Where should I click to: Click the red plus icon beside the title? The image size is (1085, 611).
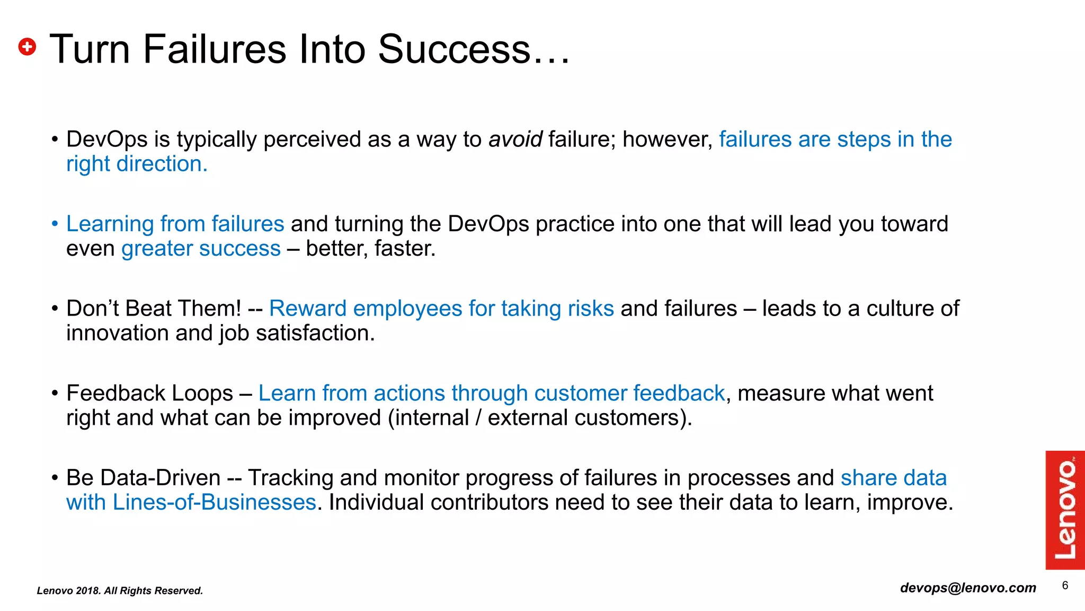tap(27, 47)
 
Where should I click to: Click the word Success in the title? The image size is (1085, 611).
tap(453, 49)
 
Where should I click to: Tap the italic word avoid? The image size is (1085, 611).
tap(515, 139)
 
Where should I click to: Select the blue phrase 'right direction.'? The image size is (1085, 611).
tap(137, 164)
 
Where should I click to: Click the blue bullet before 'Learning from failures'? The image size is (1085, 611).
tap(55, 224)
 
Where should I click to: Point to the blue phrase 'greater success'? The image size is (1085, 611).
tap(201, 248)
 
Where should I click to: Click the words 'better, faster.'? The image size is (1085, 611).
tap(370, 248)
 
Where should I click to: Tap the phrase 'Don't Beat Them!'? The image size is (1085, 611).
tap(154, 309)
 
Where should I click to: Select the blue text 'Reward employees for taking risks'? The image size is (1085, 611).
tap(441, 309)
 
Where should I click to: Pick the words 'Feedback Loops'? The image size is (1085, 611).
tap(149, 394)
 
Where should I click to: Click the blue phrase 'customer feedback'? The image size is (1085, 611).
tap(629, 394)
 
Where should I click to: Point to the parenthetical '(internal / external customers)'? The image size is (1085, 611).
tap(539, 418)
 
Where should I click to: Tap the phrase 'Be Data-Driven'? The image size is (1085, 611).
tap(143, 478)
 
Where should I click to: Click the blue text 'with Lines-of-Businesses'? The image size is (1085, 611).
tap(191, 502)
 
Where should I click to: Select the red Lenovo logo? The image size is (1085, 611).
tap(1065, 510)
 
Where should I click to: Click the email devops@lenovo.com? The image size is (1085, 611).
tap(968, 588)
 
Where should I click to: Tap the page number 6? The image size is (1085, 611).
tap(1065, 586)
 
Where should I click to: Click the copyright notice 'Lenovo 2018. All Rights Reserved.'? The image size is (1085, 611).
tap(120, 591)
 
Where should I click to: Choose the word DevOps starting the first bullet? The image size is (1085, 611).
tap(106, 139)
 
